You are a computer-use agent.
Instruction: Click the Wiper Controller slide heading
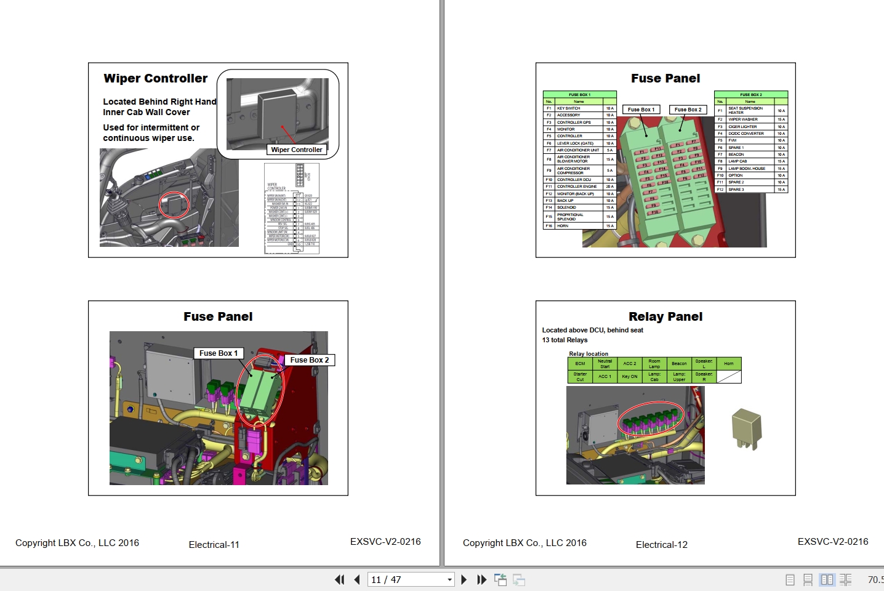click(156, 78)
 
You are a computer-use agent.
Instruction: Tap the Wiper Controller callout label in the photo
click(296, 150)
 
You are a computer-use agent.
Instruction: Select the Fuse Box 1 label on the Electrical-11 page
click(219, 353)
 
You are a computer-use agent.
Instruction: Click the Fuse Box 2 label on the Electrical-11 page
click(309, 360)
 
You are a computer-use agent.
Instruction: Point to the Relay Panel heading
click(665, 316)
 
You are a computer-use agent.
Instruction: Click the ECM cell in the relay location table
click(580, 364)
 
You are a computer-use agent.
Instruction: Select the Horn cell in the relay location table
click(728, 364)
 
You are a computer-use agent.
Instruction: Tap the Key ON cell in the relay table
click(629, 377)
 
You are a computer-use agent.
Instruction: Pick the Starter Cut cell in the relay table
click(580, 377)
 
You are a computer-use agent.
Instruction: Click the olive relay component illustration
click(746, 428)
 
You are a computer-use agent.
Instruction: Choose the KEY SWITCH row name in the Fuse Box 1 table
click(568, 108)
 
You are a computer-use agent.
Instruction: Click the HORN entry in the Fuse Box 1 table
click(563, 226)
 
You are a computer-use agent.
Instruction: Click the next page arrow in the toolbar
click(464, 579)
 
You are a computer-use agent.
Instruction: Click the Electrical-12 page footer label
click(661, 545)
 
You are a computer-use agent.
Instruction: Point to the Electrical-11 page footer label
click(214, 545)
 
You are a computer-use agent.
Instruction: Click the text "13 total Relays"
click(565, 340)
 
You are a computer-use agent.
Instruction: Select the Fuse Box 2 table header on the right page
click(750, 95)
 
